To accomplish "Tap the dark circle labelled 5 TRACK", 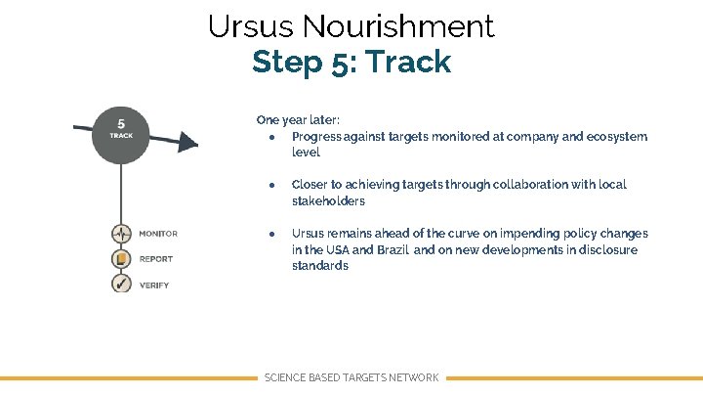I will pyautogui.click(x=120, y=130).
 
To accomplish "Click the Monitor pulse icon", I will pyautogui.click(x=121, y=235).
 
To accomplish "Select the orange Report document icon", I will pyautogui.click(x=121, y=259).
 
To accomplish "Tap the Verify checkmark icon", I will pyautogui.click(x=121, y=284).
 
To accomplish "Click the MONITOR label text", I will pyautogui.click(x=158, y=235).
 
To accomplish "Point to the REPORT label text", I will pyautogui.click(x=156, y=260).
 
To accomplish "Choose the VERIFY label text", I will pyautogui.click(x=154, y=286).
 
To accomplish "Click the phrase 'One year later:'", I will pyautogui.click(x=298, y=120).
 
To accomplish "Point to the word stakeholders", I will pyautogui.click(x=328, y=201).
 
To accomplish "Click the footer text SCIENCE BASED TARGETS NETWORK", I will pyautogui.click(x=351, y=377).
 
